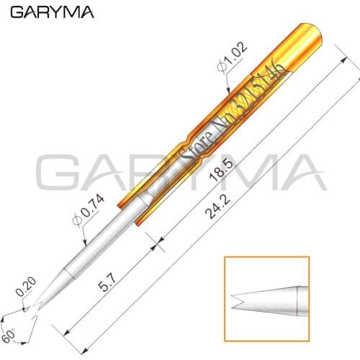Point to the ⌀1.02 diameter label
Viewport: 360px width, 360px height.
(x=231, y=60)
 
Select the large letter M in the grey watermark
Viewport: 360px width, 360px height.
(x=248, y=175)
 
